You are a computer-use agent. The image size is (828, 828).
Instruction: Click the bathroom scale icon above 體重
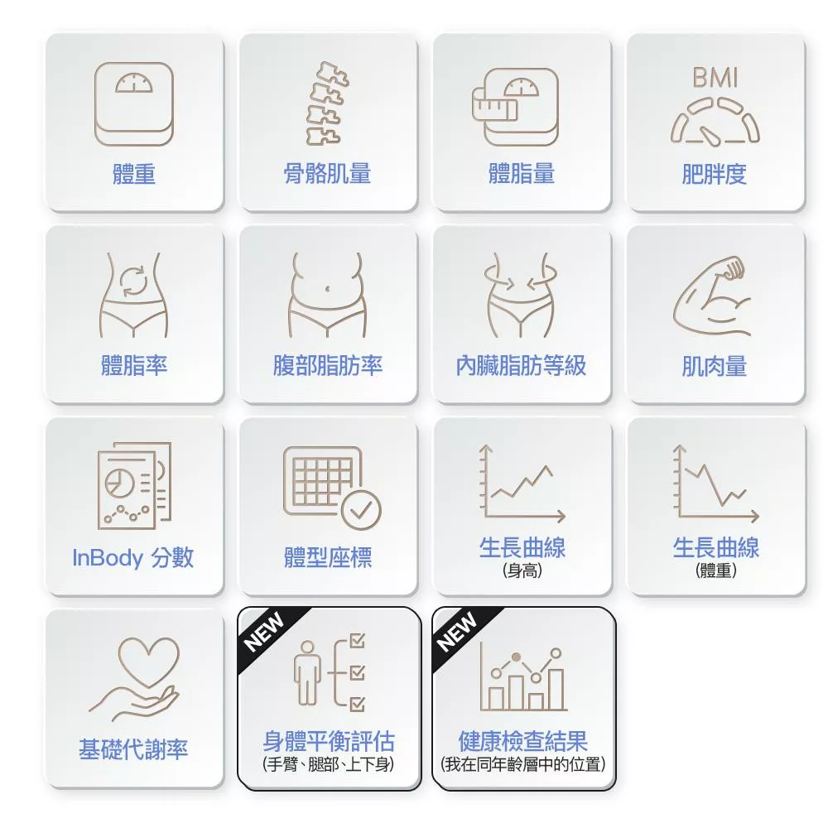[133, 104]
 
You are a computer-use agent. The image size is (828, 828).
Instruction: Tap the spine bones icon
[327, 103]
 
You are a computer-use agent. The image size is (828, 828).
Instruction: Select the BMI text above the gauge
[715, 78]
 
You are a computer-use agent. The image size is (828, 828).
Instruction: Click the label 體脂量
[521, 174]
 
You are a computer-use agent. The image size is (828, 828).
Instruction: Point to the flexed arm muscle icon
[712, 296]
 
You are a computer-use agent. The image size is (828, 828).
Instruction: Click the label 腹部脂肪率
[327, 365]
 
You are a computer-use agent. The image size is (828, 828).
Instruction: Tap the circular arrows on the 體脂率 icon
[132, 282]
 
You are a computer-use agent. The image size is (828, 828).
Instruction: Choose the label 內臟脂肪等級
[521, 365]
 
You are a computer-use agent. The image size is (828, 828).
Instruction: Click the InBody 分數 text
[133, 557]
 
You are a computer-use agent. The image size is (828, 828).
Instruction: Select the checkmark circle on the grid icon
[361, 510]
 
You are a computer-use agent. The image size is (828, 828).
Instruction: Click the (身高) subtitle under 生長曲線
[522, 570]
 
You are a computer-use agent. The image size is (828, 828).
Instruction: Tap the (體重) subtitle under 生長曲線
[716, 570]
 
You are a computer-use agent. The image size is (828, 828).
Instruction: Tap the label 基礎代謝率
[133, 749]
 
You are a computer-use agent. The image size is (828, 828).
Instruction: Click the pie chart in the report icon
[118, 482]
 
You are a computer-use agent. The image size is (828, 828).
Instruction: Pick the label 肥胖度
[715, 174]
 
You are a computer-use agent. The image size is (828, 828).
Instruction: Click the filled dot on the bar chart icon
[517, 657]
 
